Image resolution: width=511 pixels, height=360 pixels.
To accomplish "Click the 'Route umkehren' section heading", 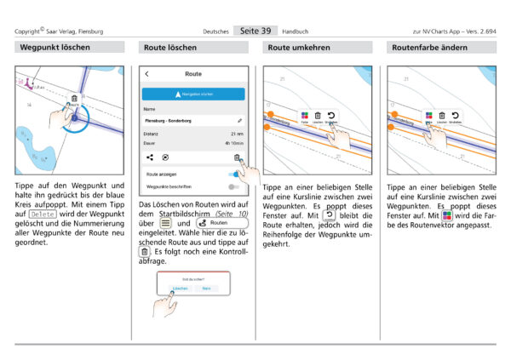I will click(299, 48).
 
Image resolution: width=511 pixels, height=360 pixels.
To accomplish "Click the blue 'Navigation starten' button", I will click(193, 94).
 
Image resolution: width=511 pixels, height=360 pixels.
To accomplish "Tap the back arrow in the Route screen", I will click(146, 75).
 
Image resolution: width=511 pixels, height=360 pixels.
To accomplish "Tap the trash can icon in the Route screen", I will click(237, 157).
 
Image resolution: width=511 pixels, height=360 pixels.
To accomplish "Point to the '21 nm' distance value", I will click(236, 134).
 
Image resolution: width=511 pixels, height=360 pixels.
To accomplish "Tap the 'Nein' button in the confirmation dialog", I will click(204, 289).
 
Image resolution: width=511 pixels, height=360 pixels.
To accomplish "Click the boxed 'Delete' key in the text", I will click(42, 213).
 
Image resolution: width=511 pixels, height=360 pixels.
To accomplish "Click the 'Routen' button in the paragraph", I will click(213, 223).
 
